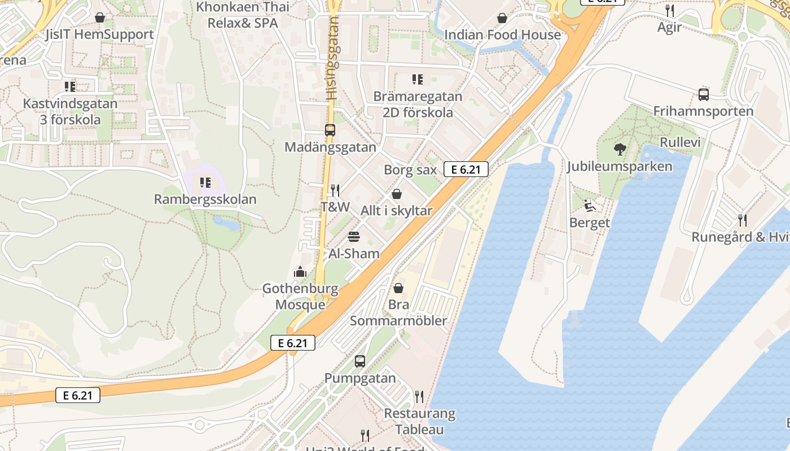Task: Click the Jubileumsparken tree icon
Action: pyautogui.click(x=620, y=149)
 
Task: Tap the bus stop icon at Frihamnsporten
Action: pyautogui.click(x=703, y=95)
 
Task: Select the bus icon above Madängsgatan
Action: pyautogui.click(x=330, y=130)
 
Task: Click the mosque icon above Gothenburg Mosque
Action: pyautogui.click(x=300, y=272)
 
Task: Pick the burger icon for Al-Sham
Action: pyautogui.click(x=354, y=236)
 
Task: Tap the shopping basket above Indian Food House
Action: pyautogui.click(x=502, y=18)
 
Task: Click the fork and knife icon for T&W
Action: pyautogui.click(x=335, y=190)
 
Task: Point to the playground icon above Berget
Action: pyautogui.click(x=589, y=206)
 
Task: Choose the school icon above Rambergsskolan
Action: pyautogui.click(x=205, y=183)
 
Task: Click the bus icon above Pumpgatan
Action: pyautogui.click(x=360, y=361)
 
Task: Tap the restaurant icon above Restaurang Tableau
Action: pyautogui.click(x=419, y=397)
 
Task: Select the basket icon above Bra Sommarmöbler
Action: pyautogui.click(x=398, y=288)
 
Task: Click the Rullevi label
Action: pyautogui.click(x=680, y=142)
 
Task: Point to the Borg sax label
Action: pyautogui.click(x=410, y=170)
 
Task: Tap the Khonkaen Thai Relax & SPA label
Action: pyautogui.click(x=243, y=15)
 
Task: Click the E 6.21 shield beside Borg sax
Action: pyautogui.click(x=466, y=169)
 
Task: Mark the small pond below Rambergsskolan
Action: pyautogui.click(x=227, y=224)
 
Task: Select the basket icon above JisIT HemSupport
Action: pyautogui.click(x=100, y=18)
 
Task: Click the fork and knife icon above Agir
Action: pyautogui.click(x=670, y=10)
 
